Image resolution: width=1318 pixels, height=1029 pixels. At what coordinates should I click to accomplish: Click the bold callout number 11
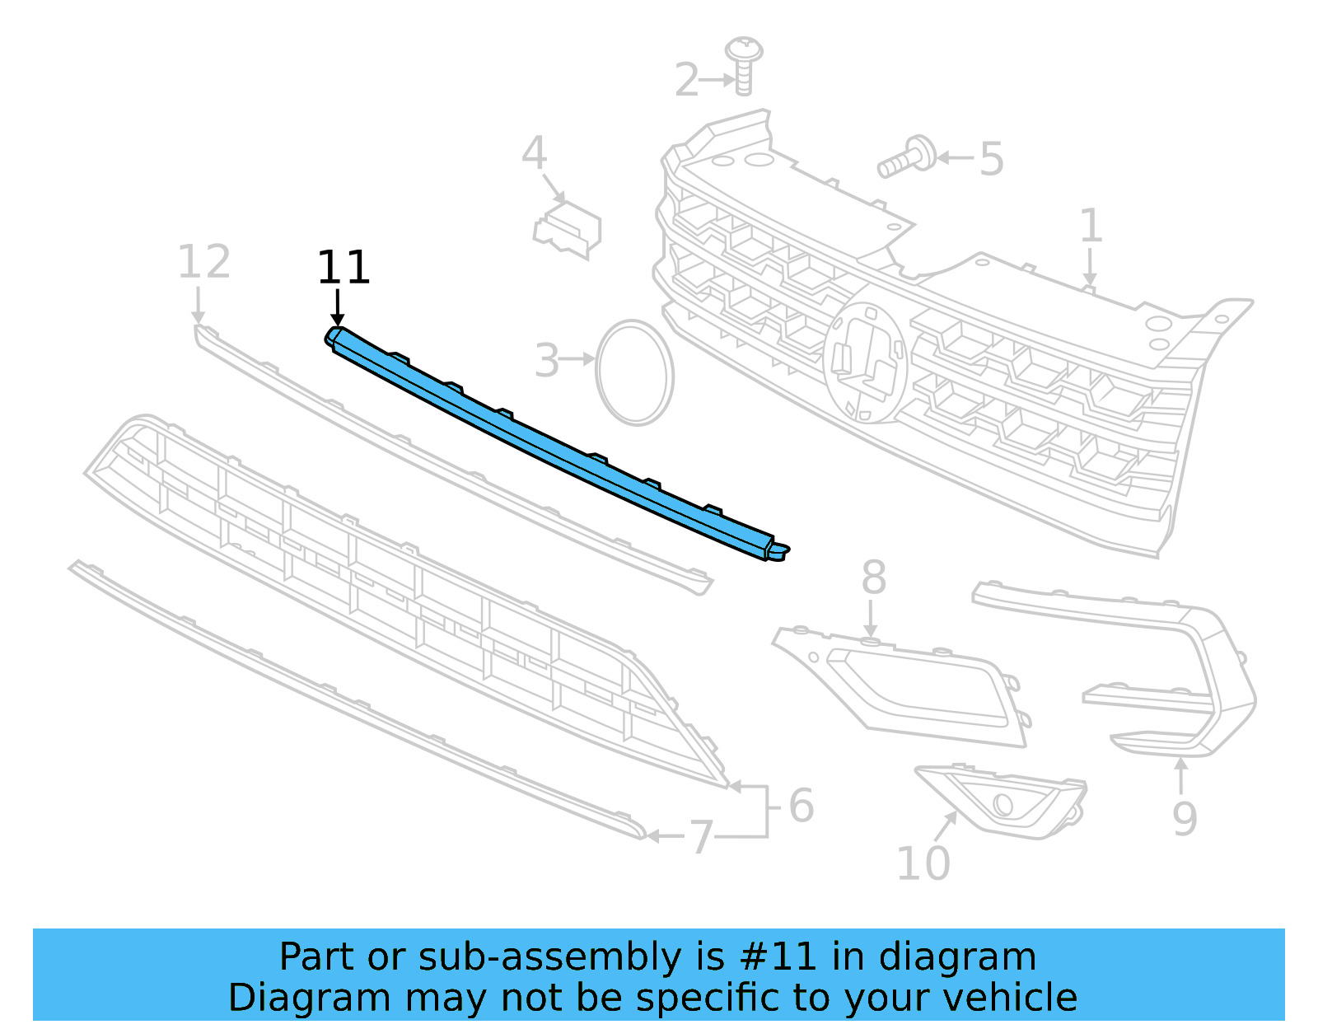coord(344,268)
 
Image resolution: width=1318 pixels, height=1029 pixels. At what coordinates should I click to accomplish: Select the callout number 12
coord(203,263)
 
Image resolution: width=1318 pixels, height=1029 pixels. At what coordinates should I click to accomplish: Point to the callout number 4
coord(534,153)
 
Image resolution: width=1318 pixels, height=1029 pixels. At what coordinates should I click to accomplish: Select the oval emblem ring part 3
coord(634,373)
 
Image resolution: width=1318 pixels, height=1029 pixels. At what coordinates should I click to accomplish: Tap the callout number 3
coord(547,361)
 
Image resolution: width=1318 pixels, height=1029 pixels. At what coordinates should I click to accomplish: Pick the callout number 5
coord(992,159)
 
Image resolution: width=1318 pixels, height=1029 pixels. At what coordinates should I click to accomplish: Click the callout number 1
coord(1091,226)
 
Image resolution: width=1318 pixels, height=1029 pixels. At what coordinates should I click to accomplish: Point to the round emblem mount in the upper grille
coord(865,362)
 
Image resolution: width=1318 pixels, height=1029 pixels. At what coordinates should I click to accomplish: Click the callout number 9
coord(1185,818)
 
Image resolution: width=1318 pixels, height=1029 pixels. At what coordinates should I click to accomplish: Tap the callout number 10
coord(923,863)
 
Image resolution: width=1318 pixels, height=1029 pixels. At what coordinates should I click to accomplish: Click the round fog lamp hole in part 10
coord(1003,803)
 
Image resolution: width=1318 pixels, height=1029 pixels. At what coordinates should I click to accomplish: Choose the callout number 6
coord(801,806)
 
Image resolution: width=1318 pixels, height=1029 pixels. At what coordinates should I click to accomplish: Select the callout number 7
coord(700,837)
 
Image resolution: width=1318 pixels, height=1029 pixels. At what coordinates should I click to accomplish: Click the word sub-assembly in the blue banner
coord(549,957)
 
